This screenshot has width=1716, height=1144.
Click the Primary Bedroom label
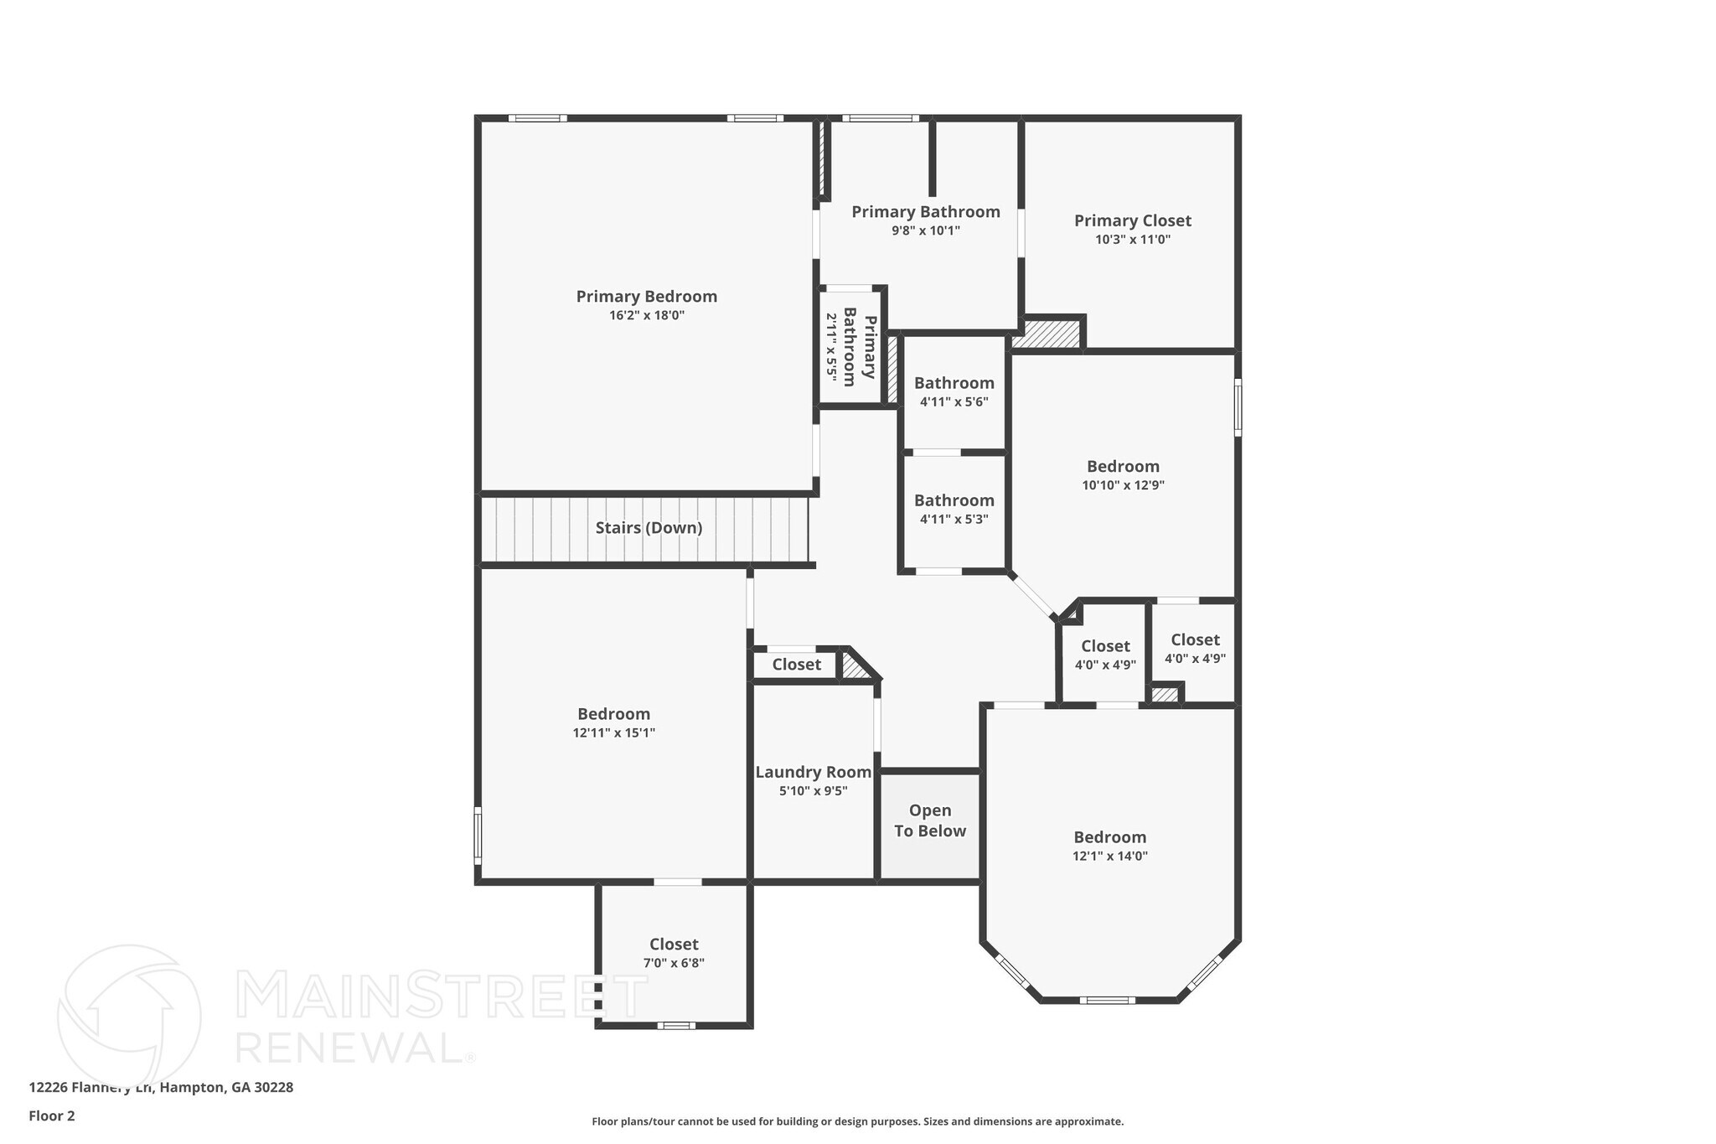646,297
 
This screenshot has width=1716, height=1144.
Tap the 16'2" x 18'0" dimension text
646,316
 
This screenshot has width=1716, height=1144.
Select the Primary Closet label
1132,220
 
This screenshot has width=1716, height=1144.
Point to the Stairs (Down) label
649,528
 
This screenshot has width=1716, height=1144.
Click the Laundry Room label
813,773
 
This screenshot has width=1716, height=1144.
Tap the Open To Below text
929,820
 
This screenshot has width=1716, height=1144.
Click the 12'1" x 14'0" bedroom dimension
1109,856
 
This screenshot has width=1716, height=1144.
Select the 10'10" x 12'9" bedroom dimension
1123,485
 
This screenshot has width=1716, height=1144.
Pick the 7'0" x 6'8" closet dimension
674,963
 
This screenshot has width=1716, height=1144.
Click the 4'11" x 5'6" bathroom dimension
954,401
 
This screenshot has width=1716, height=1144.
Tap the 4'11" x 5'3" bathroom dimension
954,519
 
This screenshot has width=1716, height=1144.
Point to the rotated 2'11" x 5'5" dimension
832,348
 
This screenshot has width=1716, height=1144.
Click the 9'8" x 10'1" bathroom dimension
925,230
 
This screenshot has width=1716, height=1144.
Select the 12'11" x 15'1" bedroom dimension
613,732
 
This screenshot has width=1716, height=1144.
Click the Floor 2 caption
52,1116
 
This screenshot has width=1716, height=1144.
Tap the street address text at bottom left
161,1088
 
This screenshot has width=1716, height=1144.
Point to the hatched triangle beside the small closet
854,668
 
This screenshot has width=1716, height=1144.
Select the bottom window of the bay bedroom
1107,1000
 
